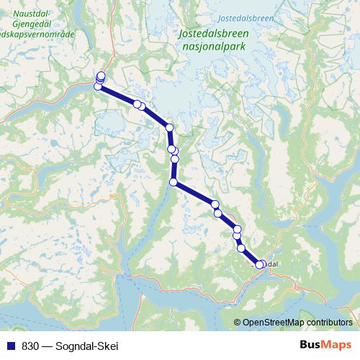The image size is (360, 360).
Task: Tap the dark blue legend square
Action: click(11, 345)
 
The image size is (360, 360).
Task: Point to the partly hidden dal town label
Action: click(271, 264)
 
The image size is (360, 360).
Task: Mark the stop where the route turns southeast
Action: click(174, 182)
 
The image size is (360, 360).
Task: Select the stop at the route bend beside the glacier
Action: click(170, 127)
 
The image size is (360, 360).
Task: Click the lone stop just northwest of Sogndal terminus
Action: click(241, 248)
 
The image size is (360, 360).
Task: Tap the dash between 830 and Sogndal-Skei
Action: click(47, 345)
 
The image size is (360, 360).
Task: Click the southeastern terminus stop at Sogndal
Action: click(260, 265)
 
